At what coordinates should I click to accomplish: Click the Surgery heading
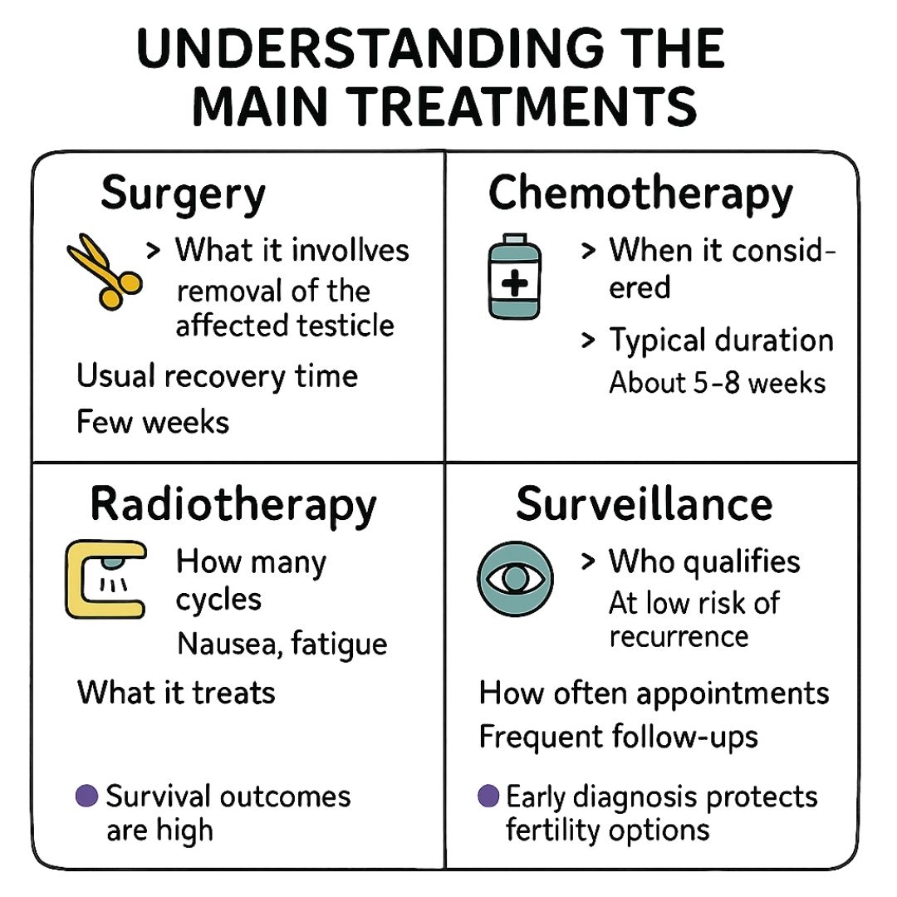pos(183,195)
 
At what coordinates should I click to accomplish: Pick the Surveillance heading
pos(644,504)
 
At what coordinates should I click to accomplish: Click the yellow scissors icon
pos(103,271)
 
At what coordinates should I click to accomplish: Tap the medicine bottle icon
pos(513,277)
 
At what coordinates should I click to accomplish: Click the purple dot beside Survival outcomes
pos(86,796)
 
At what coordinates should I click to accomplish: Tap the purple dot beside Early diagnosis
pos(489,796)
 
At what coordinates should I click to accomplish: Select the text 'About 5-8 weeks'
pos(718,383)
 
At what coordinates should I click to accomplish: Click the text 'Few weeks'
pos(153,422)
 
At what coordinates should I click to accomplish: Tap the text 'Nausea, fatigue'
pos(282,644)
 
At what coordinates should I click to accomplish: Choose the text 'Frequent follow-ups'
pos(619,737)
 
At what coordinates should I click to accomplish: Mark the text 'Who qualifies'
pos(704,562)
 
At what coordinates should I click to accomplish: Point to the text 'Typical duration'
pos(721,341)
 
